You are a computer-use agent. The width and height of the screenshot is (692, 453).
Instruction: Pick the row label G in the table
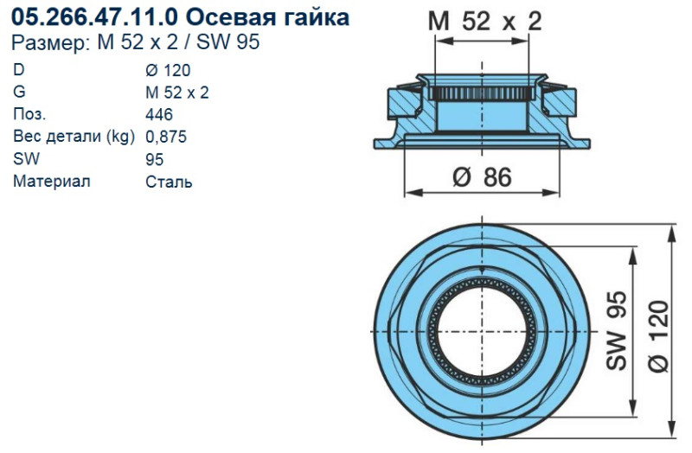[x=19, y=93]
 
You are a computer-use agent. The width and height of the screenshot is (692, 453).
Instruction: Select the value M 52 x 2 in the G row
[x=177, y=93]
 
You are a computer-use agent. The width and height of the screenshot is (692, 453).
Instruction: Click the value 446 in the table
[x=160, y=115]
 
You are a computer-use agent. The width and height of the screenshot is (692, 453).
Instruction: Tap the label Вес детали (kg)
[x=73, y=137]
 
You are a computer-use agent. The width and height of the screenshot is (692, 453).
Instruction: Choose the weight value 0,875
[x=167, y=137]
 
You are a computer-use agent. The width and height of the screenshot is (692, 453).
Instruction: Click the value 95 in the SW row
[x=156, y=159]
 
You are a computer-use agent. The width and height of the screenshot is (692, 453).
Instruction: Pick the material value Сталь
[x=170, y=182]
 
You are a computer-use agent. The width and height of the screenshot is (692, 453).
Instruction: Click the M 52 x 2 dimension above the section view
[x=485, y=22]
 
